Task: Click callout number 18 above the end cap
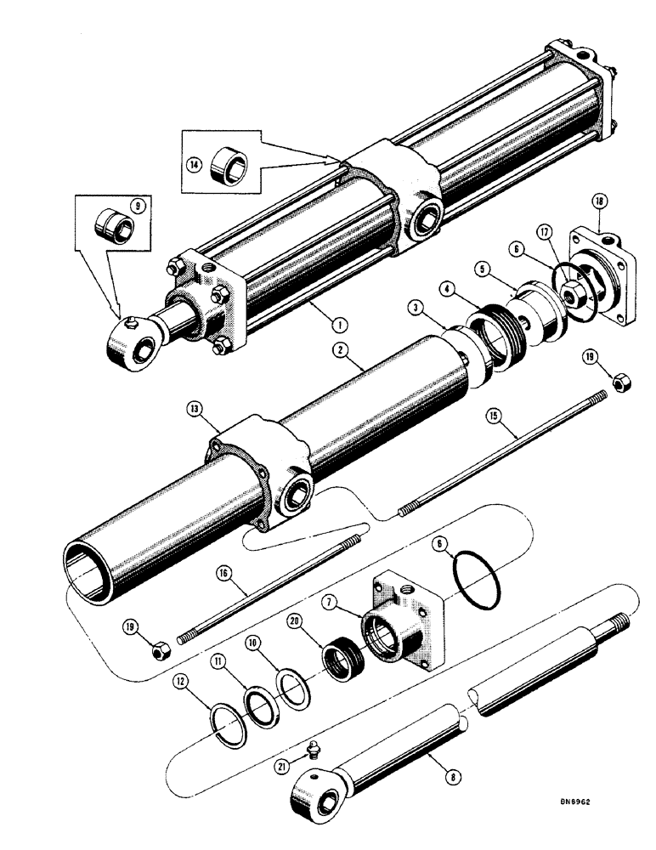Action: coord(600,201)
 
